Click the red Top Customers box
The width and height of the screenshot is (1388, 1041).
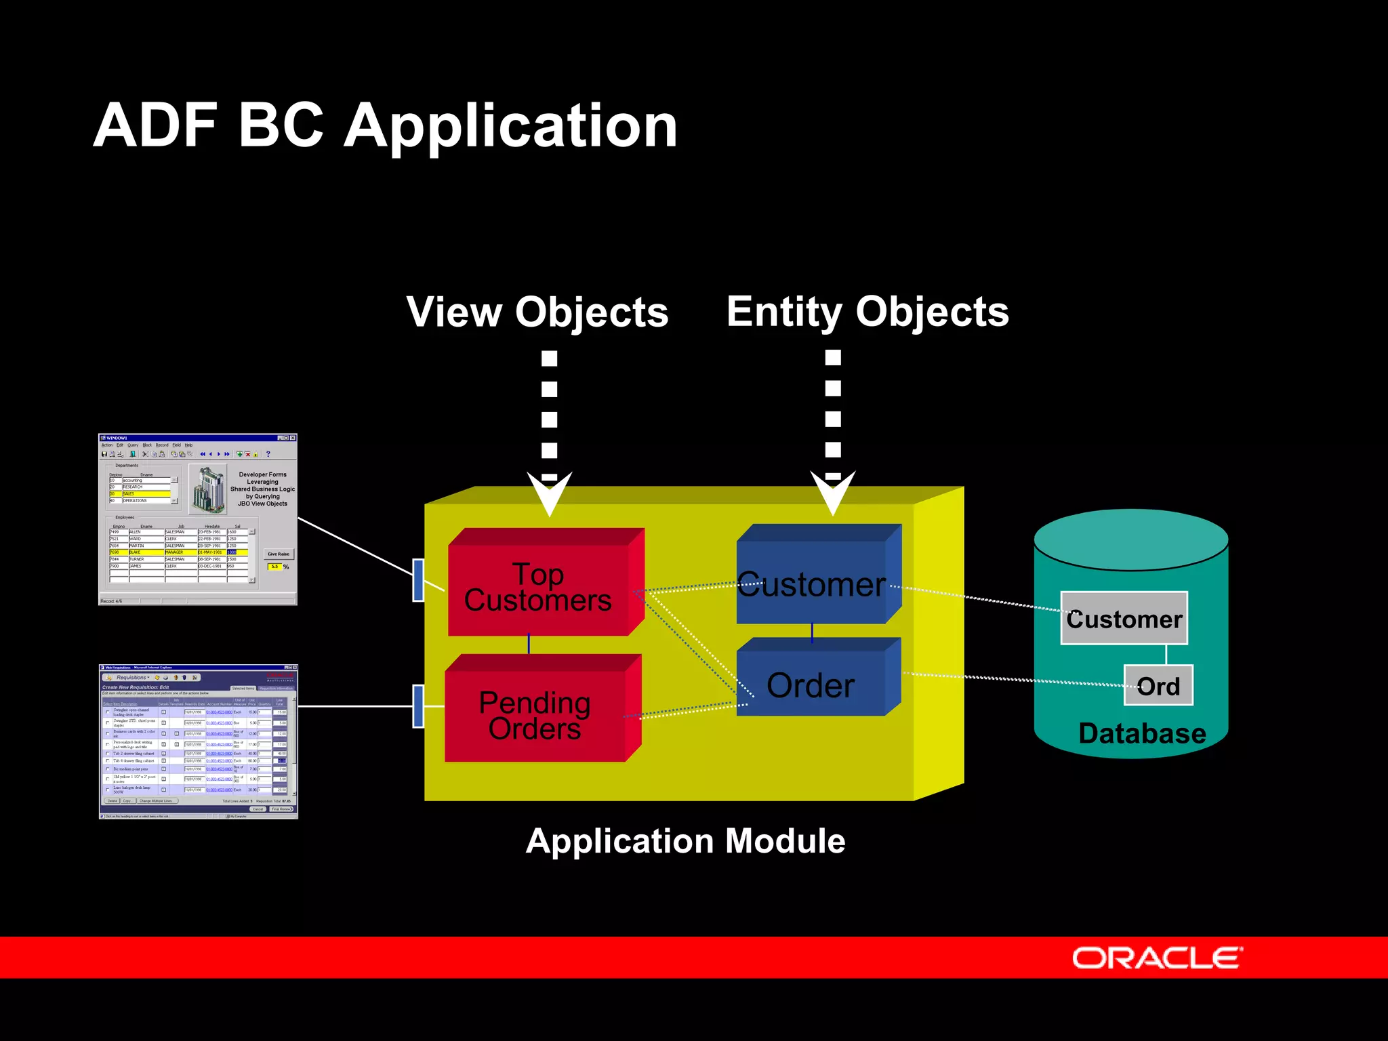[x=538, y=587]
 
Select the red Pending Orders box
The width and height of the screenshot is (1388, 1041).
[x=535, y=714]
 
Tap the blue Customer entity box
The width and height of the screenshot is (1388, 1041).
[x=811, y=583]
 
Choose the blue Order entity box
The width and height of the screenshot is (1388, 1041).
[x=811, y=685]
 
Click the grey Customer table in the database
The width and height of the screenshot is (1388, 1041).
[x=1124, y=618]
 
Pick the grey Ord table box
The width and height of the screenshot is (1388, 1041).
[x=1158, y=686]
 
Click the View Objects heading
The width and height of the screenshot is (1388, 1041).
[x=537, y=312]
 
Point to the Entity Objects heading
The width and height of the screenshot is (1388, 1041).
[x=867, y=312]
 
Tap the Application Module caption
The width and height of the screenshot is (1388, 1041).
[x=685, y=841]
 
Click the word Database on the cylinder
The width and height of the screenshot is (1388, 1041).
[x=1142, y=733]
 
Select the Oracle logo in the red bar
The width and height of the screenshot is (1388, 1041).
[x=1157, y=958]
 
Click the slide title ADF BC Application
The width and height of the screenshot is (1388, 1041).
[x=385, y=125]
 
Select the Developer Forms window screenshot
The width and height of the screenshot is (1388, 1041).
[x=197, y=519]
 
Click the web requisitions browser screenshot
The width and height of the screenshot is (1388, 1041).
[x=198, y=741]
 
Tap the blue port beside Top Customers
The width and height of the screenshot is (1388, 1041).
[x=418, y=580]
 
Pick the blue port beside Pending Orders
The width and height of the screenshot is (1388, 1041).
[x=418, y=706]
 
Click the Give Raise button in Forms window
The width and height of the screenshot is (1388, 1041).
[x=278, y=554]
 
